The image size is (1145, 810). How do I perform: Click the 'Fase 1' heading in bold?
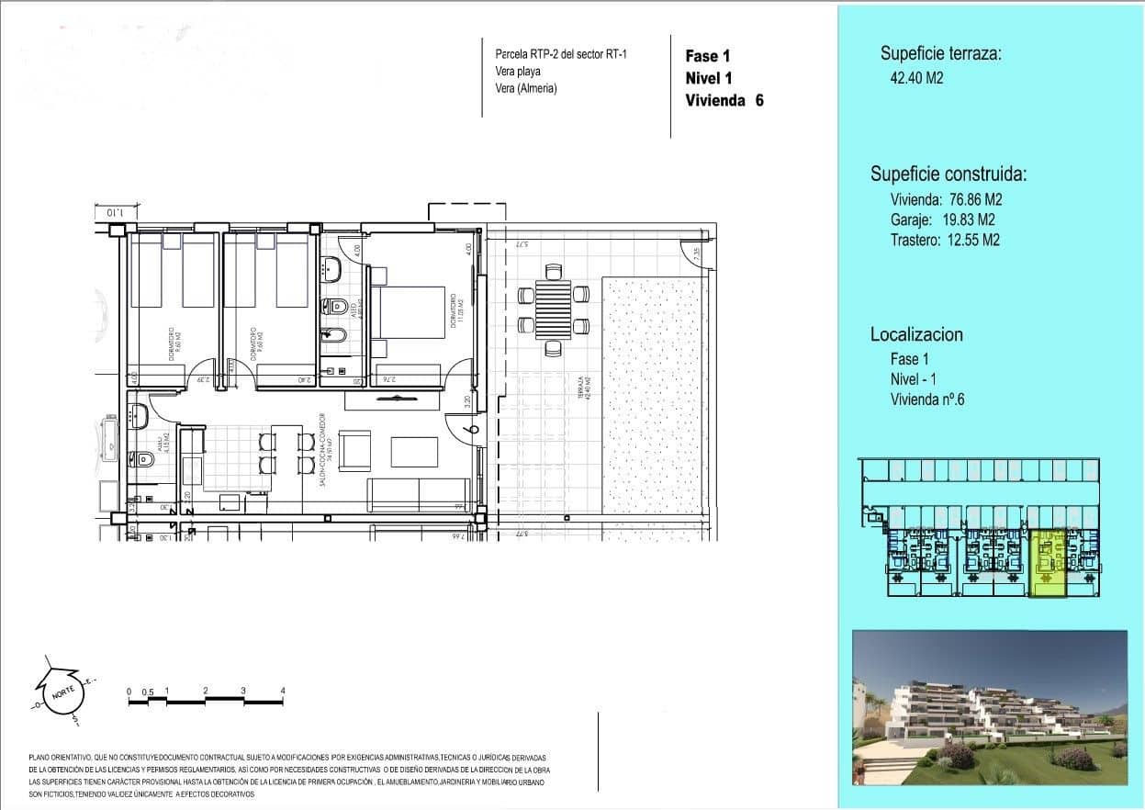[707, 56]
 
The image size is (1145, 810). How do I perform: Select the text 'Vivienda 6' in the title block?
[724, 101]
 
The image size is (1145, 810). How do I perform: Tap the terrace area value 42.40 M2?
[911, 78]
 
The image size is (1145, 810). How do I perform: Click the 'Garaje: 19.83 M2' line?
[942, 219]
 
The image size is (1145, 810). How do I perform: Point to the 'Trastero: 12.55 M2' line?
[945, 240]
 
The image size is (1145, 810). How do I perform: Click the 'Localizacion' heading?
[916, 334]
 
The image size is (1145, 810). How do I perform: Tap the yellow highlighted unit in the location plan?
[1047, 565]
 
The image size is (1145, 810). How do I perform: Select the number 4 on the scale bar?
[283, 691]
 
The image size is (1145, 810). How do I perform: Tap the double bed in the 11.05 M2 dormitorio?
[409, 323]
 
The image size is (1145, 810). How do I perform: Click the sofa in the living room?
[419, 495]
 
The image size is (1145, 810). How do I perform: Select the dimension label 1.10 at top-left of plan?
[115, 212]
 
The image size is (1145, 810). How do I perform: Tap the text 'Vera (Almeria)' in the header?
[526, 88]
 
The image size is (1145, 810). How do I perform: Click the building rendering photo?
[989, 708]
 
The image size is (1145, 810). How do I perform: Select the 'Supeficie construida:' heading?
[949, 174]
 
